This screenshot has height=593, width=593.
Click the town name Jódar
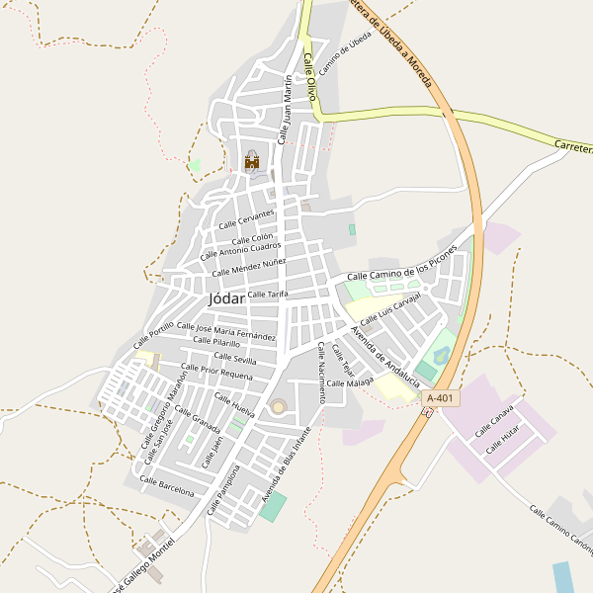(x=226, y=297)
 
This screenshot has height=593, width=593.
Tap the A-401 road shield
(x=441, y=397)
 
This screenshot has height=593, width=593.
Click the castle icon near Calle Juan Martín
(x=251, y=160)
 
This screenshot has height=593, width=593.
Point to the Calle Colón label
(x=252, y=239)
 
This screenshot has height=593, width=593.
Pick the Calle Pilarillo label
(x=215, y=341)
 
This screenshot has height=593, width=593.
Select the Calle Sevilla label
(x=235, y=357)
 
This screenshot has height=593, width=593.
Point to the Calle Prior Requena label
(x=219, y=372)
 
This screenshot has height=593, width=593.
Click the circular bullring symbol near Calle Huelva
(x=279, y=406)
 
